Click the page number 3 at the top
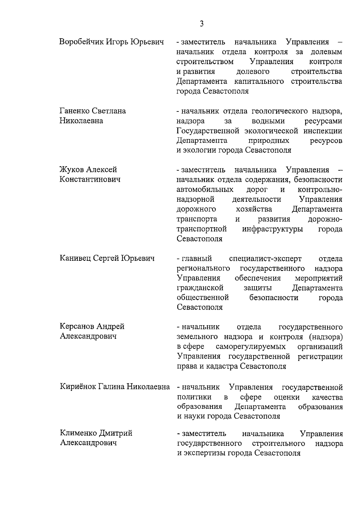201,23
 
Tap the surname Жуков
72,170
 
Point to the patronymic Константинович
90,180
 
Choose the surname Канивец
75,258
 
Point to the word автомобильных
205,190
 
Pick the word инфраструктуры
272,229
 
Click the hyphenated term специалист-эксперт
265,258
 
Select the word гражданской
200,288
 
